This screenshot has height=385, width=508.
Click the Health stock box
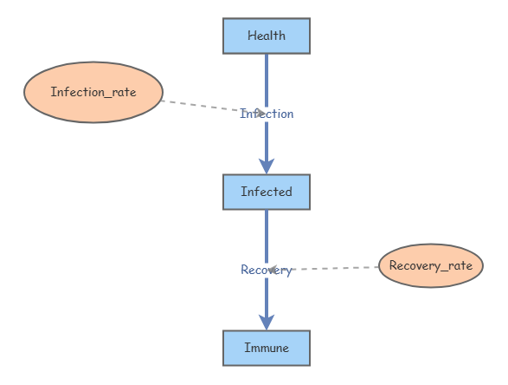(x=267, y=36)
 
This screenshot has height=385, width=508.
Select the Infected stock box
(x=267, y=192)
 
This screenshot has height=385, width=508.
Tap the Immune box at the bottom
(x=267, y=349)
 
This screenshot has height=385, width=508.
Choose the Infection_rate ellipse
(x=93, y=92)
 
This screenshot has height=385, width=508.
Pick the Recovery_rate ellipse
(x=431, y=265)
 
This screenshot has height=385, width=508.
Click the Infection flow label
(x=267, y=114)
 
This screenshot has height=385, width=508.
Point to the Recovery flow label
(x=267, y=271)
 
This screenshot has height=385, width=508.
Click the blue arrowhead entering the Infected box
(x=267, y=165)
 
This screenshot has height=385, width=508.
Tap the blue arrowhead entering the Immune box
(x=267, y=321)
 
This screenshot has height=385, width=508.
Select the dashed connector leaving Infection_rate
(x=199, y=106)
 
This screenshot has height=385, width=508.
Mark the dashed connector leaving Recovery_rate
(x=338, y=269)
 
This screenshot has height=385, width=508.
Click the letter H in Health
(x=251, y=36)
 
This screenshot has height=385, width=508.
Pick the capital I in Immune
(x=247, y=348)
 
